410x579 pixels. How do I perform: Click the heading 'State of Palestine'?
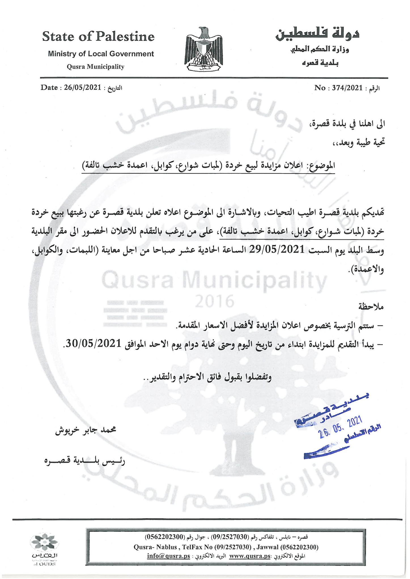pos(98,37)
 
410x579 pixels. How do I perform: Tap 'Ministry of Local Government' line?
pos(101,54)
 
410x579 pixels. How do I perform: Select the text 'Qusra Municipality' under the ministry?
pos(95,67)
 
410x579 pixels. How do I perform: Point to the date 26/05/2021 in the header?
pos(82,87)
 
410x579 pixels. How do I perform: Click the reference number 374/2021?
pos(347,88)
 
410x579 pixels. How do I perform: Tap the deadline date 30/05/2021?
pos(94,344)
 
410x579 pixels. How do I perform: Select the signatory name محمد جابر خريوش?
pos(86,430)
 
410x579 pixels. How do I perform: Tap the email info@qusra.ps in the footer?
pos(168,556)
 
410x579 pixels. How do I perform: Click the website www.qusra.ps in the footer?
pos(250,556)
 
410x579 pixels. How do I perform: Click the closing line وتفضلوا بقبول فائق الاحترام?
pos(207,377)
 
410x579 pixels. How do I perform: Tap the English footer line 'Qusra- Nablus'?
pos(226,547)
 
